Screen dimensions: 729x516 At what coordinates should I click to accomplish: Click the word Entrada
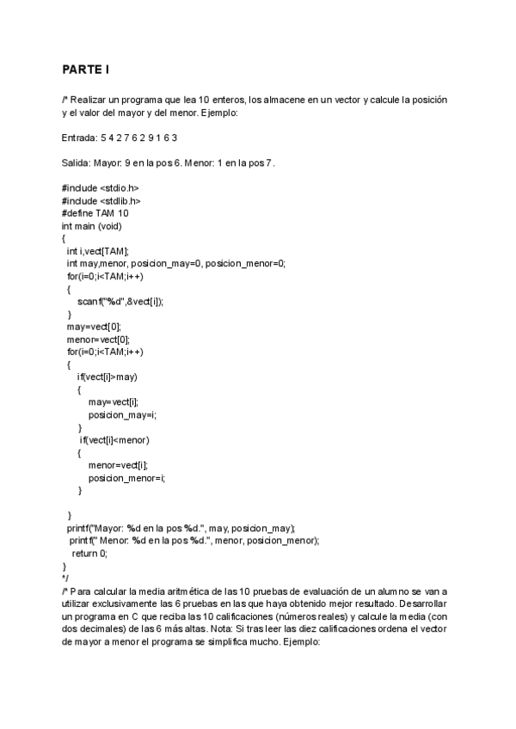pos(79,138)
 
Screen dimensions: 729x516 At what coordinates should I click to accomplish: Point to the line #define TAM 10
pos(95,212)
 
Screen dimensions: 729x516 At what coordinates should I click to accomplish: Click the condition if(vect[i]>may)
pos(107,377)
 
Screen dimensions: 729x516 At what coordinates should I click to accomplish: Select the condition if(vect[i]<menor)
pos(115,440)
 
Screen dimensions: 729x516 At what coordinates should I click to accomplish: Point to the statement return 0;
pos(89,554)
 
